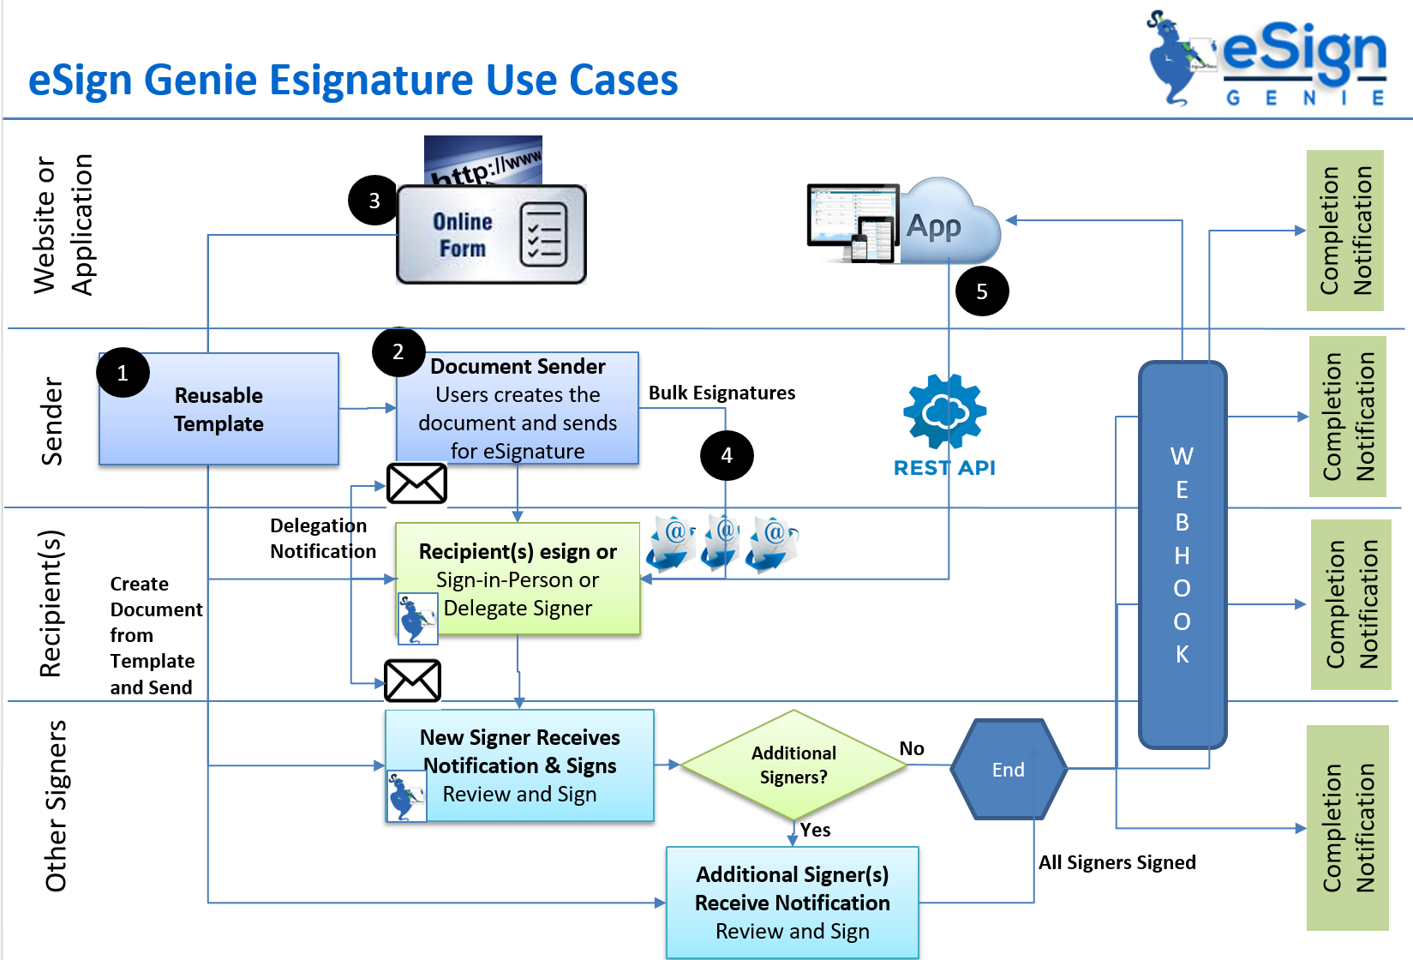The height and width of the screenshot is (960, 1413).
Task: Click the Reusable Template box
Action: coord(219,410)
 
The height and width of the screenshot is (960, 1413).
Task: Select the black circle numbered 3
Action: coord(374,201)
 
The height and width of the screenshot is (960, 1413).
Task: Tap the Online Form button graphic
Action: coord(491,234)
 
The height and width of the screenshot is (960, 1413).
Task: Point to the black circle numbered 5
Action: coord(981,291)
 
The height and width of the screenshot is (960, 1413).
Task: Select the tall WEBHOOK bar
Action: coord(1182,554)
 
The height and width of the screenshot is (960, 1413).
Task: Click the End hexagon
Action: coord(1009,770)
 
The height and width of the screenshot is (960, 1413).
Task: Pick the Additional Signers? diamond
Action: coord(793,765)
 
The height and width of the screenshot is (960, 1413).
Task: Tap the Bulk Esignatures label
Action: coord(721,393)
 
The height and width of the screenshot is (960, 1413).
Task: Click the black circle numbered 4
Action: coord(726,455)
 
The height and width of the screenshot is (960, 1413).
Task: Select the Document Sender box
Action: coord(518,409)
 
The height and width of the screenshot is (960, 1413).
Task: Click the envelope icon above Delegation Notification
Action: coord(416,483)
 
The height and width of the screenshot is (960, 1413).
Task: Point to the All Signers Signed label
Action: coord(1117,862)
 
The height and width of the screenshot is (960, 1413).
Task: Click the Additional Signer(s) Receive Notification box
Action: coord(792,903)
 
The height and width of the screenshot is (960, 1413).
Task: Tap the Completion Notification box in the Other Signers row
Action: coord(1347,828)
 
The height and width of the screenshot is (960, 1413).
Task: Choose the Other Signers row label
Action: coord(56,806)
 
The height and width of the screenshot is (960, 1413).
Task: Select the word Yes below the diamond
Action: coord(815,830)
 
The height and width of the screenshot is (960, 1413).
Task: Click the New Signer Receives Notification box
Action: coord(519,765)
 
